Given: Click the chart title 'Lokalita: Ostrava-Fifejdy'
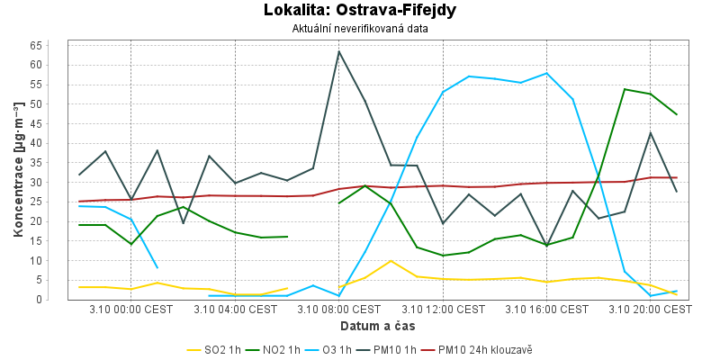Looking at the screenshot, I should click(x=360, y=11).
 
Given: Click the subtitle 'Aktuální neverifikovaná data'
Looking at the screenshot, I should click(x=360, y=29).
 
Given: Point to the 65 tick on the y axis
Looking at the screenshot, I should click(x=61, y=45).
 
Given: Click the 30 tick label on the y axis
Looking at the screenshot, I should click(x=61, y=182).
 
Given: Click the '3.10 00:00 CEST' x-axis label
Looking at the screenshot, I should click(x=131, y=310).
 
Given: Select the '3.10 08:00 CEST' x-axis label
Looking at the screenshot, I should click(x=339, y=310).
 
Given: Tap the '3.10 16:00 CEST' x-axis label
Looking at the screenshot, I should click(x=547, y=310).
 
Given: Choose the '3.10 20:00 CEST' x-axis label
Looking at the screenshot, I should click(x=651, y=310).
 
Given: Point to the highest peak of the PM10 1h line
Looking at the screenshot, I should click(x=339, y=51).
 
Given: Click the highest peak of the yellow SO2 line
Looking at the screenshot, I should click(x=391, y=261).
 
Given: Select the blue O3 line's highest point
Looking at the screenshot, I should click(x=546, y=74).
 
